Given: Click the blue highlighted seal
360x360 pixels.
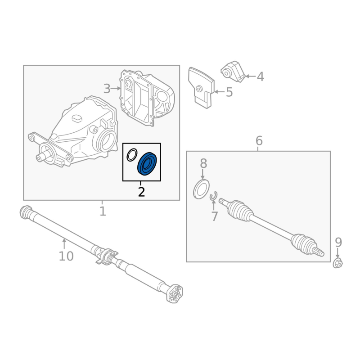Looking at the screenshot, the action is tap(147, 163).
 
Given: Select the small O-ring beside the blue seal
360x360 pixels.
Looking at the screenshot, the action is tap(132, 155).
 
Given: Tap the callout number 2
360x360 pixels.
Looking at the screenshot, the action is tap(141, 192).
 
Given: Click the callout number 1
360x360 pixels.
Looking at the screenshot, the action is tap(103, 211).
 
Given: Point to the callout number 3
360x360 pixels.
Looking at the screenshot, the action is tap(107, 89).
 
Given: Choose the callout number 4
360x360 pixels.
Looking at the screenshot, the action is tap(261, 76).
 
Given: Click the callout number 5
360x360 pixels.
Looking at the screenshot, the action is tap(229, 92).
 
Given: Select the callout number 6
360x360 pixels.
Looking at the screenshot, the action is tap(259, 140).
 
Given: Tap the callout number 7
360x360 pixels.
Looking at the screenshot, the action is tap(214, 216).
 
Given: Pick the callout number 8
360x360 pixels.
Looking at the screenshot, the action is tap(203, 163).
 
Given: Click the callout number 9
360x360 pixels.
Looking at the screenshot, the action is tap(338, 242).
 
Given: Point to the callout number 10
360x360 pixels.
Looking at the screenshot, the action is tap(66, 256).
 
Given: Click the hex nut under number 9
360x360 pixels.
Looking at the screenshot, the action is tap(338, 263).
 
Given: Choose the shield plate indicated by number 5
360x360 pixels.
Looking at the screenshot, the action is tap(201, 87).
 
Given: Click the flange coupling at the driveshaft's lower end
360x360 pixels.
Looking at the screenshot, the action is tap(175, 294).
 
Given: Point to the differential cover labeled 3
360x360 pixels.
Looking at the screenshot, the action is tap(147, 98).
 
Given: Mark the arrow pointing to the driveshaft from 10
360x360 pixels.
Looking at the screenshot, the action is tap(64, 244).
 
